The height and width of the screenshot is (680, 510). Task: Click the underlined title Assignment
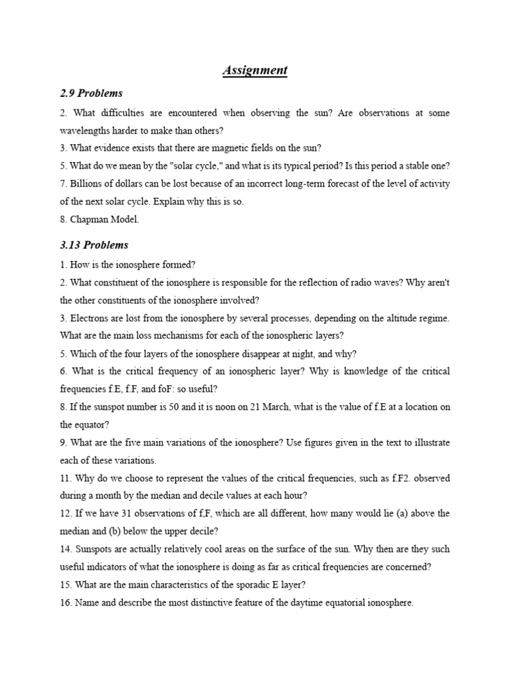(255, 70)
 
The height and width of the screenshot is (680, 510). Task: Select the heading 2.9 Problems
(91, 94)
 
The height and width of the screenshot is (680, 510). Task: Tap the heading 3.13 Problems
(94, 245)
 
